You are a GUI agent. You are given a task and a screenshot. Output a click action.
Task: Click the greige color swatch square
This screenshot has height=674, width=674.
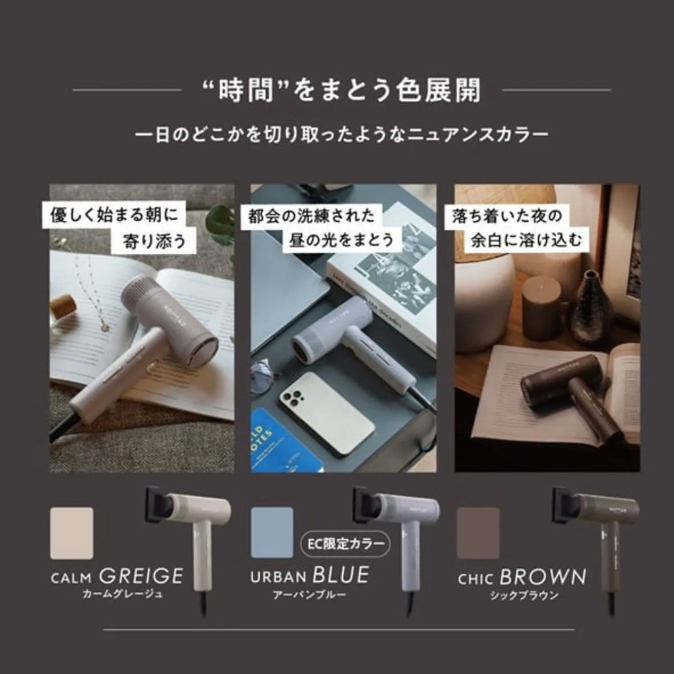71,533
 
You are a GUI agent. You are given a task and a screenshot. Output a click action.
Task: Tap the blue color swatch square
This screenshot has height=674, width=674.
271,532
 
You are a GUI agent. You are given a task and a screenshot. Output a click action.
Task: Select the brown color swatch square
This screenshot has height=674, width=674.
478,533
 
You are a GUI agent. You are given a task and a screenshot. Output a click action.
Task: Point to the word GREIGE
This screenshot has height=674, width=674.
141,575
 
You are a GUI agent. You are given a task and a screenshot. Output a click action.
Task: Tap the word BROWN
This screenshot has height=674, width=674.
543,576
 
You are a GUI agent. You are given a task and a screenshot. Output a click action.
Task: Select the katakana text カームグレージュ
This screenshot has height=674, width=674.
122,594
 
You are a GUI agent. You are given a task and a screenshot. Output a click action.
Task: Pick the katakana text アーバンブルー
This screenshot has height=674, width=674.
310,595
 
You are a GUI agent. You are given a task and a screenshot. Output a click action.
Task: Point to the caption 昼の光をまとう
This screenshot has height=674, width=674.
341,240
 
